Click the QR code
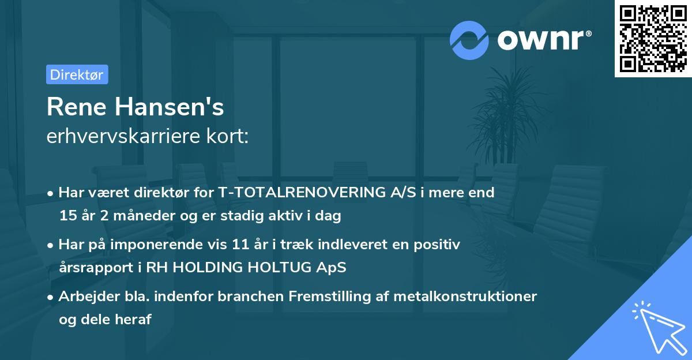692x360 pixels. pos(653,39)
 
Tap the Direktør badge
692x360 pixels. pos(77,74)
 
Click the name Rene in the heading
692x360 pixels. pos(78,107)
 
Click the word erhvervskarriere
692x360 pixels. pos(116,137)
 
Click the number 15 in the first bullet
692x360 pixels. pos(67,216)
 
